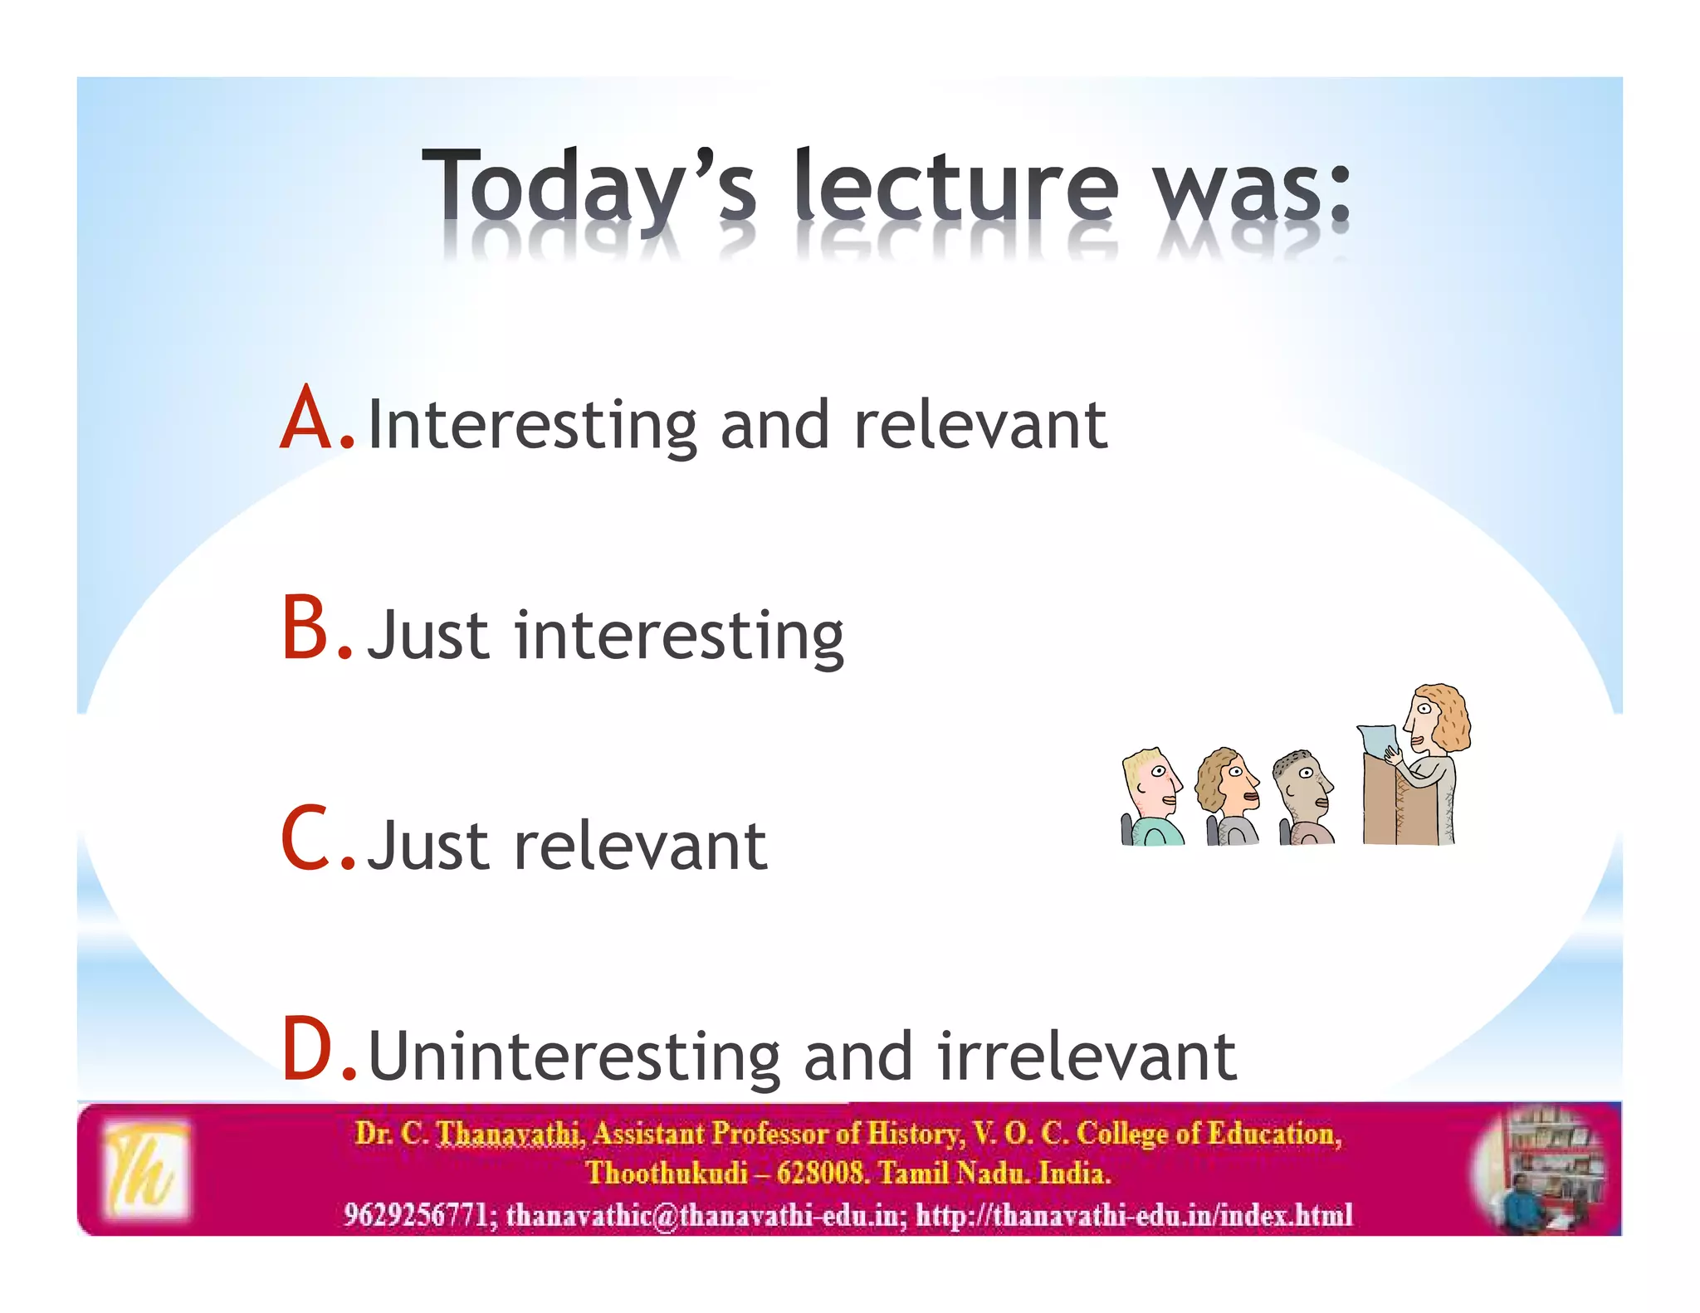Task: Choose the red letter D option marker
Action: point(308,1050)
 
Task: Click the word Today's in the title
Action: point(589,187)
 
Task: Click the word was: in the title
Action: point(1253,187)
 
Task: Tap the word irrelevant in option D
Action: point(1087,1056)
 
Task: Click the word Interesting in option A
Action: point(532,425)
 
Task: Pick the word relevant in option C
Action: point(640,846)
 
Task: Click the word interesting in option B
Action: point(678,637)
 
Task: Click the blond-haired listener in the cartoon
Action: point(1150,793)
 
